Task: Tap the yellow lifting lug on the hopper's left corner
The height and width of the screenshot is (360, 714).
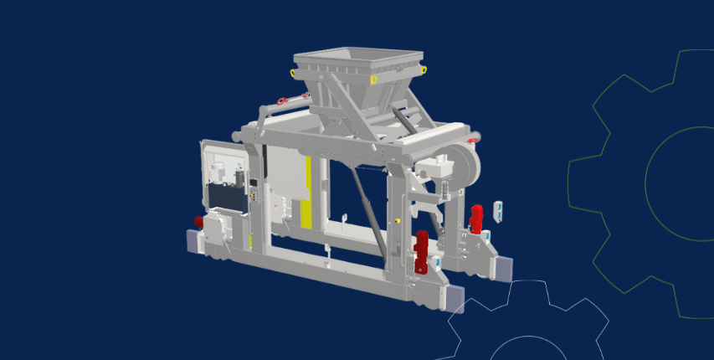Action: (x=291, y=73)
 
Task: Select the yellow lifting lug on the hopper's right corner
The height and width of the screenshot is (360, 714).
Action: (x=424, y=68)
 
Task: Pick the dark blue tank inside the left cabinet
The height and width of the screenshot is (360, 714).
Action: (x=224, y=198)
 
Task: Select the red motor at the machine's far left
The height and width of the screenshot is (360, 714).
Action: (x=198, y=222)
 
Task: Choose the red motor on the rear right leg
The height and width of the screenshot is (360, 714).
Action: (x=476, y=218)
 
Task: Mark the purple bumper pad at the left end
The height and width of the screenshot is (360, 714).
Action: (x=192, y=242)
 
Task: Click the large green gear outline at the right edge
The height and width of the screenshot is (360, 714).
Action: (x=661, y=184)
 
